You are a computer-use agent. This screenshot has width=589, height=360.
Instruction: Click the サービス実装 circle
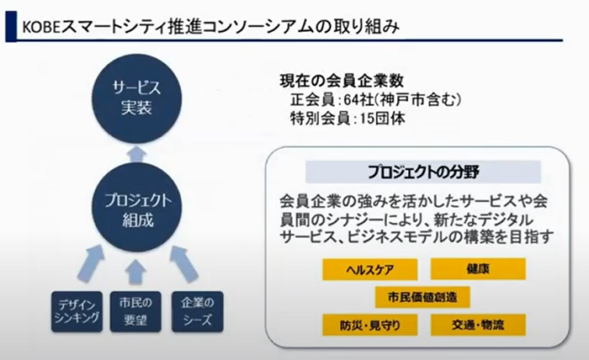pos(136,98)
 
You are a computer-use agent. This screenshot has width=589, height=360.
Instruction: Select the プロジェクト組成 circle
pos(136,207)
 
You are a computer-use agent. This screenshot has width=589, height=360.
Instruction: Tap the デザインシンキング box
pos(77,311)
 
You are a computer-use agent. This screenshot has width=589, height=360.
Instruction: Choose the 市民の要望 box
pos(135,311)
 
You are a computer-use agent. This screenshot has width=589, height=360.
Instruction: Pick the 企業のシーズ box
pos(197,311)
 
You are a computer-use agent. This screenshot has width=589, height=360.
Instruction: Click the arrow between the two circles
pos(136,154)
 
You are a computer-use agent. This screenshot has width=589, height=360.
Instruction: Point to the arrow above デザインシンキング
pos(91,263)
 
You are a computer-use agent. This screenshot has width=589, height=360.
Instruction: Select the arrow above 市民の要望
pos(135,272)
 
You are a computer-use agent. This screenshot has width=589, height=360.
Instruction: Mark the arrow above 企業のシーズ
pos(183,263)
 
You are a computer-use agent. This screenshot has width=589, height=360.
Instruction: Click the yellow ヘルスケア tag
pos(369,269)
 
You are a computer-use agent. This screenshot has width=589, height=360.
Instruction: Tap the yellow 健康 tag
pos(478,269)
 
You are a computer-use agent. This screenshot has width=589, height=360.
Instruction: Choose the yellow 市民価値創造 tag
pos(422,297)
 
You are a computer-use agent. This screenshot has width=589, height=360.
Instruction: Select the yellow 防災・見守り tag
pos(369,325)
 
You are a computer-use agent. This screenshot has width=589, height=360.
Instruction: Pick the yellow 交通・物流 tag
pos(478,325)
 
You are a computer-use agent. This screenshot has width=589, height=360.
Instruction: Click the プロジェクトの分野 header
pos(423,172)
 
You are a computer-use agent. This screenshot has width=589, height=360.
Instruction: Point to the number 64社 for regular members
pos(358,100)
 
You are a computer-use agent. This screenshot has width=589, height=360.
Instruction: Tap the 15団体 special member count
pos(382,119)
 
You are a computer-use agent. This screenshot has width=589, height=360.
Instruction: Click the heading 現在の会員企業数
pos(342,81)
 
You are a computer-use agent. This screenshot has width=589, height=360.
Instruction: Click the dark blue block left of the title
pos(11,26)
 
